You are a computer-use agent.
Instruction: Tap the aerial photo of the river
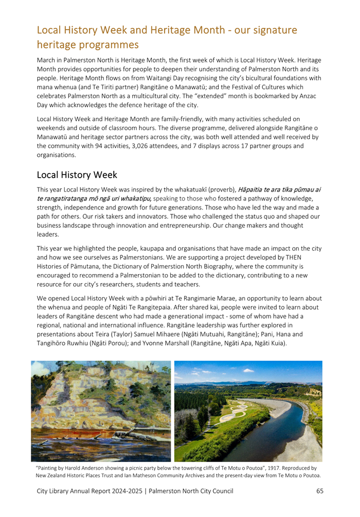click(x=248, y=411)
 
